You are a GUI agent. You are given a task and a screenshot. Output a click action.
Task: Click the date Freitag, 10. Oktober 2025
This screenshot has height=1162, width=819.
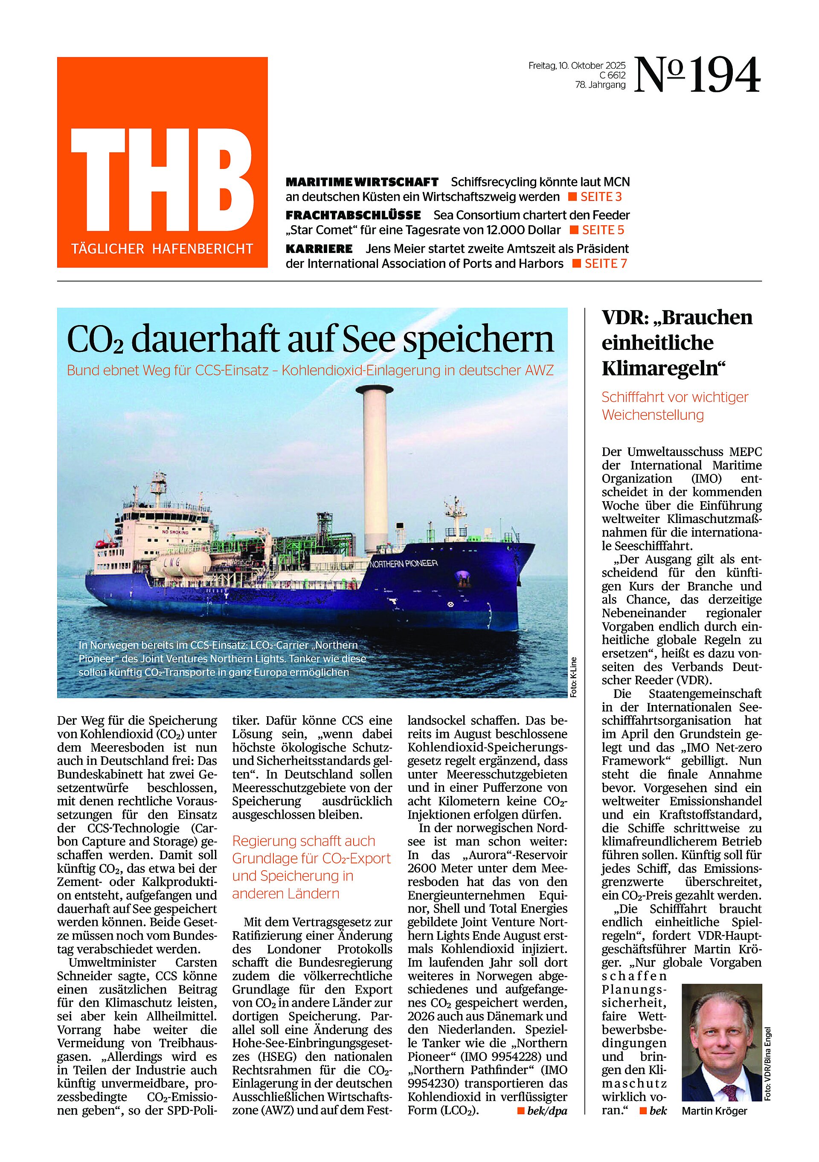click(x=577, y=65)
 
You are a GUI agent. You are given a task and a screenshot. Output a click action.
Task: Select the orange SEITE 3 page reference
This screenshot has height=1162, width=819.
click(x=601, y=197)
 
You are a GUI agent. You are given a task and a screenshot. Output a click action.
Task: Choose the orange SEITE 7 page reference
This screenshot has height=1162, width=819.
click(x=605, y=264)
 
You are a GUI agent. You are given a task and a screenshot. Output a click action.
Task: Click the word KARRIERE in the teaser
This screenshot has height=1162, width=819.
click(x=319, y=249)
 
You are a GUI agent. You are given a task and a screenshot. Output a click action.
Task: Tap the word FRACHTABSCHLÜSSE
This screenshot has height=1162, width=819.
click(x=353, y=215)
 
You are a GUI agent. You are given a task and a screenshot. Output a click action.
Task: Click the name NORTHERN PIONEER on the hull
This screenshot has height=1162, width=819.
click(x=404, y=563)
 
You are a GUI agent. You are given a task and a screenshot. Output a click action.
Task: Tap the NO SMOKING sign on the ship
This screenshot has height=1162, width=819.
click(x=175, y=532)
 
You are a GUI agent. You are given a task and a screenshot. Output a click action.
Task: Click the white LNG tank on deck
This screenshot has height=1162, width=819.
click(x=180, y=563)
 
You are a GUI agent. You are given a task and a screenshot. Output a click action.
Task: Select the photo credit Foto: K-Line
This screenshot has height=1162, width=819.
click(x=573, y=677)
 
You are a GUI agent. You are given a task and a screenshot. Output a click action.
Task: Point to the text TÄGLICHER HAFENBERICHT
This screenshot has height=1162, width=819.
click(x=162, y=249)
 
